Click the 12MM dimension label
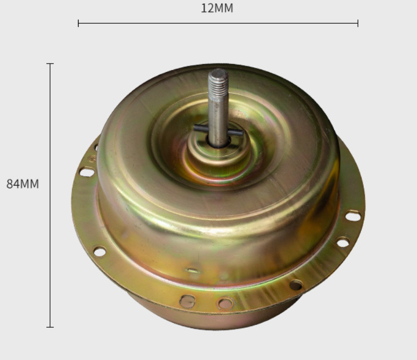[x=217, y=8]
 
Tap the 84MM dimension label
[x=23, y=184]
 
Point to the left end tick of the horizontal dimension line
[x=78, y=23]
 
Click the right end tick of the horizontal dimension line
[x=358, y=23]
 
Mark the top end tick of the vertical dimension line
[x=50, y=64]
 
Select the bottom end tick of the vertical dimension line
[x=50, y=327]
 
